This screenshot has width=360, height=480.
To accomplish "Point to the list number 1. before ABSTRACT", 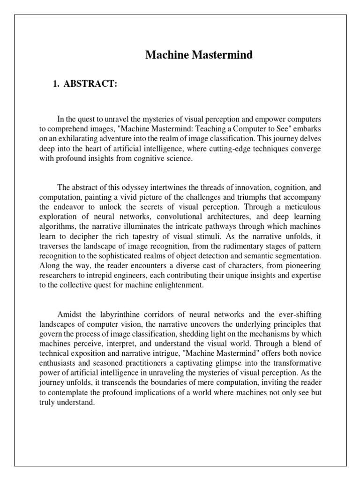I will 58,84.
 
